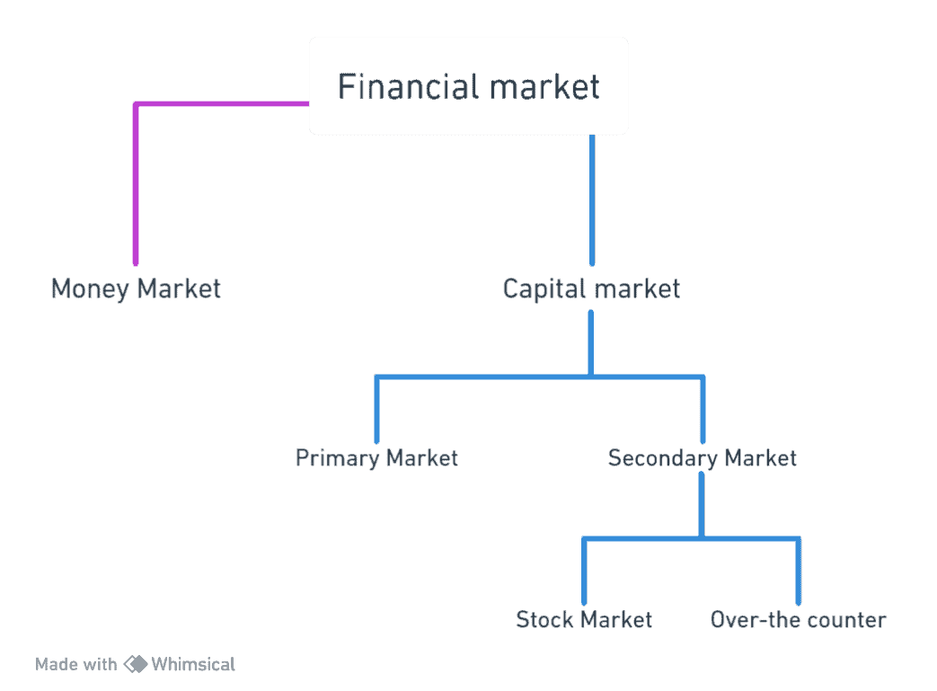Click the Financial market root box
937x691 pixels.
[468, 86]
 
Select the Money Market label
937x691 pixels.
[136, 289]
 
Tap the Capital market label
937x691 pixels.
[590, 289]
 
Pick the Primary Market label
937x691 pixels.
[376, 458]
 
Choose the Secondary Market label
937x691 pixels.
[702, 458]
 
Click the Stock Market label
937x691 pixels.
[584, 620]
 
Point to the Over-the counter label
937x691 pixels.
[798, 620]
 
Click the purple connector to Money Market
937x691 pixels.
[136, 180]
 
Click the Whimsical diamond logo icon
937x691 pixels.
[136, 664]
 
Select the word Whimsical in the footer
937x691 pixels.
[193, 665]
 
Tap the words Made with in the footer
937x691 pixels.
[75, 665]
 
